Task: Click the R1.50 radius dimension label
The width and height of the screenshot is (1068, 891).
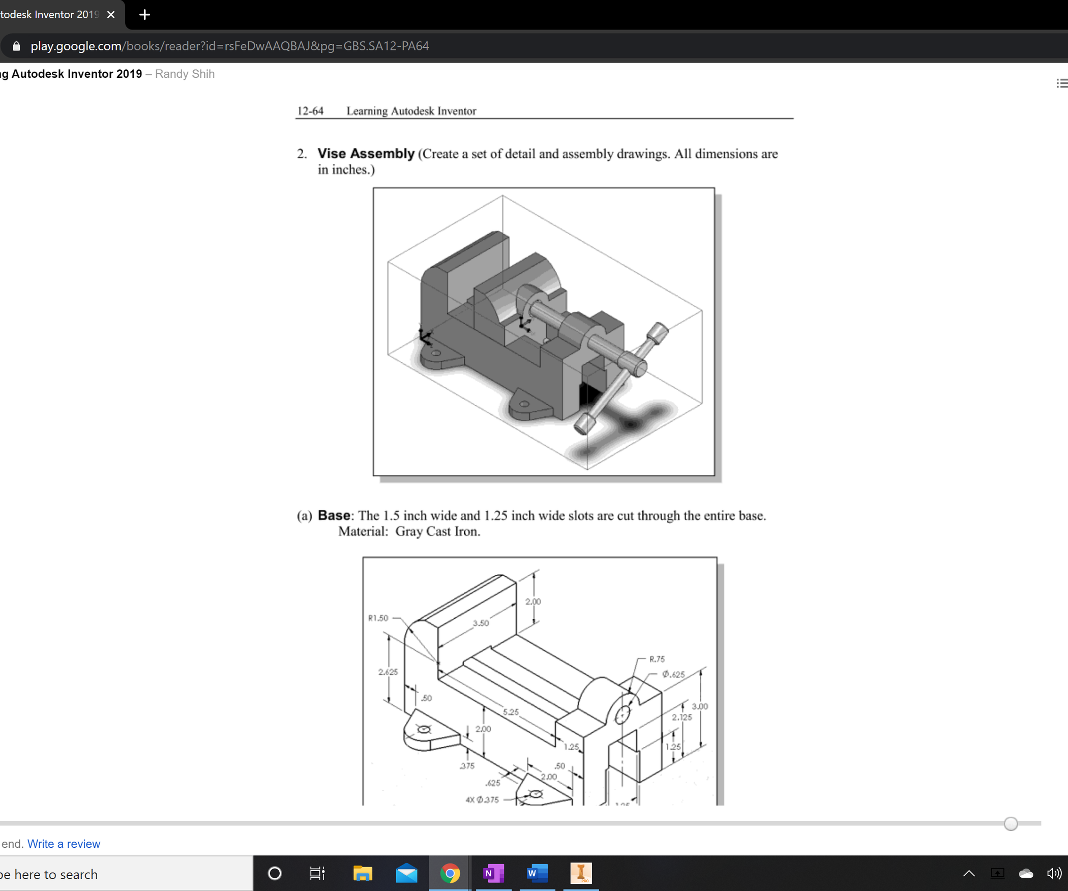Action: tap(378, 618)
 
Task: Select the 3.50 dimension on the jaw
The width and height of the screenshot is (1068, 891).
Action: tap(481, 623)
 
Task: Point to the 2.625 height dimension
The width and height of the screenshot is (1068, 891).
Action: tap(388, 672)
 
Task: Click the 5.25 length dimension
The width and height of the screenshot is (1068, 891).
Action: tap(511, 712)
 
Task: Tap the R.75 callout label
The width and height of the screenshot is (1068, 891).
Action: tap(657, 659)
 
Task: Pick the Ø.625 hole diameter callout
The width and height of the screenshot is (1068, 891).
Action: tap(673, 674)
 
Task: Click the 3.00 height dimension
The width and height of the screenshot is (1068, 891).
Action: tap(700, 706)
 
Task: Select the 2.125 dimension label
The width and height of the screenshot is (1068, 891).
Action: tap(681, 717)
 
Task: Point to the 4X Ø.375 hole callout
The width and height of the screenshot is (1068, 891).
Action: tap(482, 799)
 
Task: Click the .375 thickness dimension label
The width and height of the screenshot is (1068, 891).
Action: tap(467, 766)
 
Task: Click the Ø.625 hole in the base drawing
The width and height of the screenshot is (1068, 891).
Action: tap(622, 715)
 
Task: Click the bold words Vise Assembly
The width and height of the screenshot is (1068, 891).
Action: tap(366, 154)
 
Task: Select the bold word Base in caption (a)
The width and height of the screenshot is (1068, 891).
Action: tap(334, 515)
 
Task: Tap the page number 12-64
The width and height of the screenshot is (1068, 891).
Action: tap(310, 111)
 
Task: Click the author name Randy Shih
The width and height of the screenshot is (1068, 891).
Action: tap(185, 74)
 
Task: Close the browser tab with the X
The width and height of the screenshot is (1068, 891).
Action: tap(111, 15)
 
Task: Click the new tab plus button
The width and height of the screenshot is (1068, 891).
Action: tap(144, 15)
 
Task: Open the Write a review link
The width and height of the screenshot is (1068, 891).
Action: tap(64, 844)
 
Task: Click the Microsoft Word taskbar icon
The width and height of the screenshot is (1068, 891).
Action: tap(537, 874)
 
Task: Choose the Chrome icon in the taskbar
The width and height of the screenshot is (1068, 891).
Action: tap(450, 874)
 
